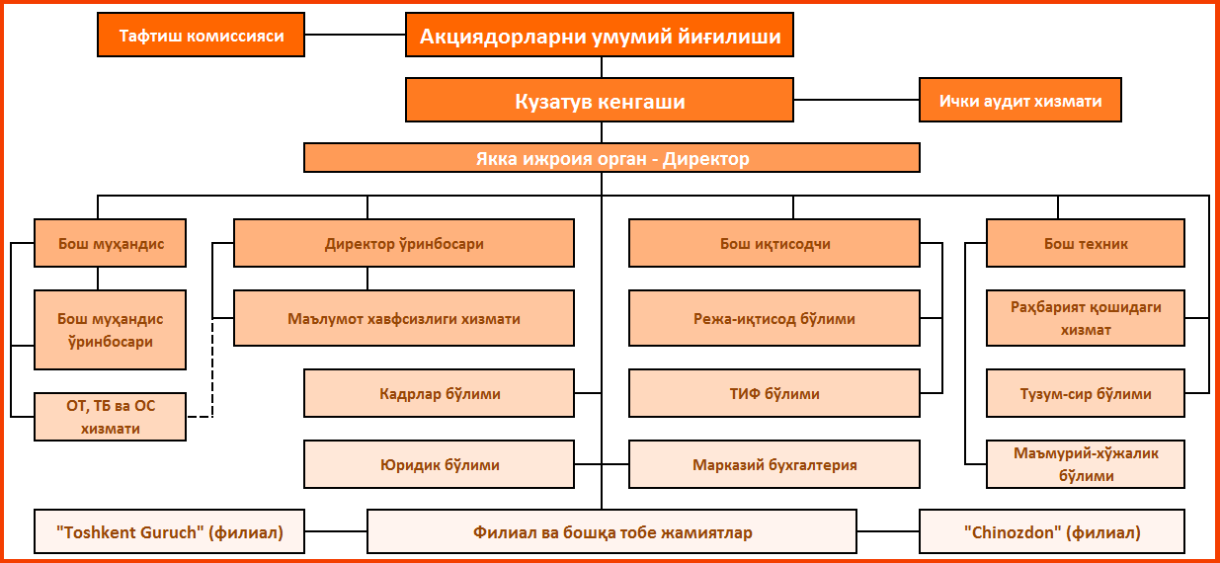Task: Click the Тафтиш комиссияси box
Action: (201, 35)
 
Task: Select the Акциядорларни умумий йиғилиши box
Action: (600, 35)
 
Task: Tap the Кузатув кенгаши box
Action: (600, 100)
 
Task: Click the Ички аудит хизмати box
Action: (1020, 100)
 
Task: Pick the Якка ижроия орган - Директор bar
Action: (611, 158)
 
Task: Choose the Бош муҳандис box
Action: (110, 243)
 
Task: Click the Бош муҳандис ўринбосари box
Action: (110, 330)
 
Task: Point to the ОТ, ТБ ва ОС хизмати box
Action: (110, 417)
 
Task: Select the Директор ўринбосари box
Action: (404, 243)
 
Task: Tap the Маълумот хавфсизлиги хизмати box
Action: (404, 318)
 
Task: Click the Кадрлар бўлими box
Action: (439, 393)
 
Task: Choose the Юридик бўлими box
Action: (439, 464)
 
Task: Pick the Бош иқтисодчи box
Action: (774, 243)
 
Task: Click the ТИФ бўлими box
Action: (774, 393)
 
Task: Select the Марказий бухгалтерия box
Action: (774, 464)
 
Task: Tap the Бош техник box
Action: (1086, 243)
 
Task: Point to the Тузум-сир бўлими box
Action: (1086, 393)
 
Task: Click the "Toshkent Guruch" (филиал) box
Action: (169, 531)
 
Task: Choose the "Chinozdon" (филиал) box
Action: (1052, 531)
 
